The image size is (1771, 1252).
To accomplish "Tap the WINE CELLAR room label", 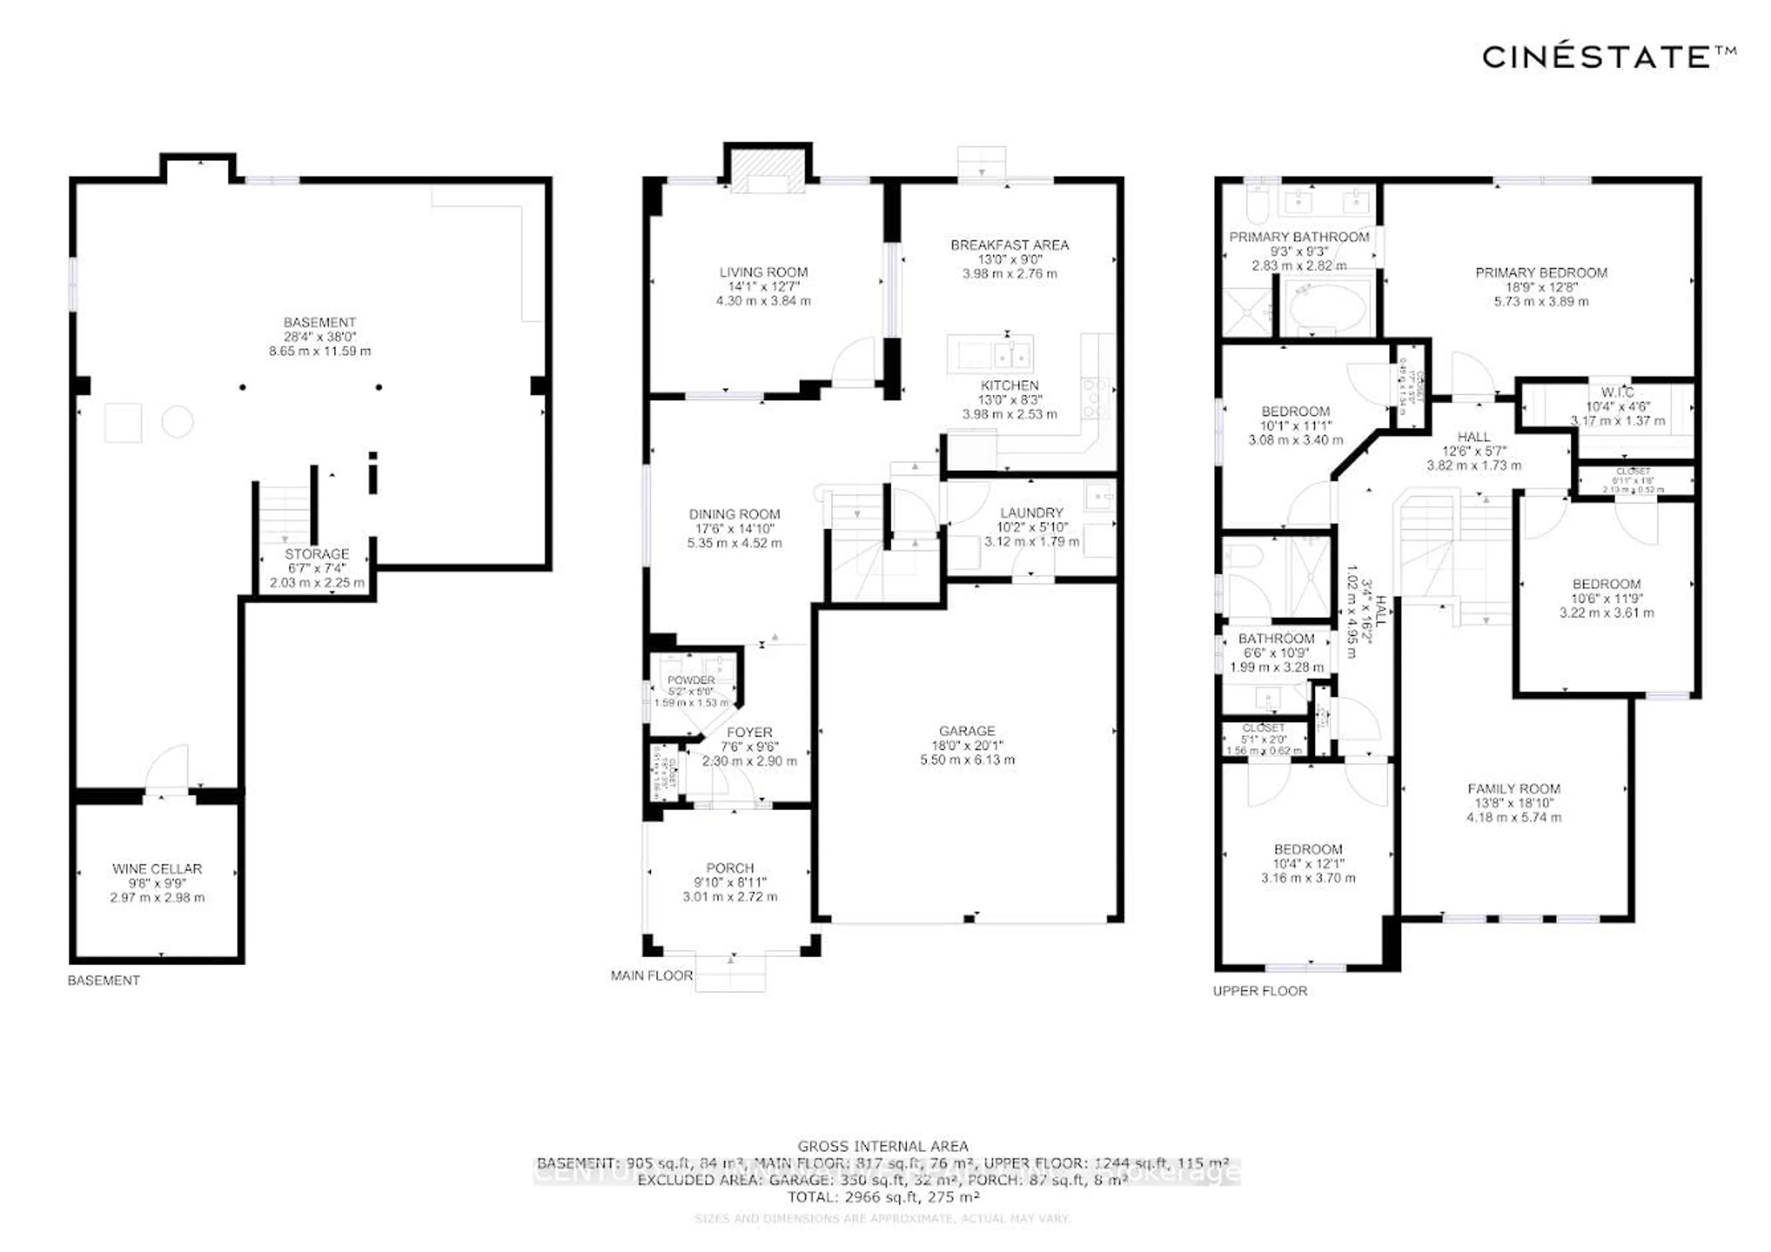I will click(157, 869).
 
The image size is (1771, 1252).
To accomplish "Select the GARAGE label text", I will click(967, 731).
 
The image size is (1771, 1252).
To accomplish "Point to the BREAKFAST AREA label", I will click(1009, 245).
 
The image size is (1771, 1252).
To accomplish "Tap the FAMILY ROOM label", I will click(1513, 789).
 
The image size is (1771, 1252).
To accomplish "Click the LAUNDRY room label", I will click(1031, 513).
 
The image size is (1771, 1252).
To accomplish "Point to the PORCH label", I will click(730, 868).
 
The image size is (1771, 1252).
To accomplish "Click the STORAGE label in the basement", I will click(316, 554).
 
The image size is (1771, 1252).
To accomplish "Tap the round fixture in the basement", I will click(178, 422).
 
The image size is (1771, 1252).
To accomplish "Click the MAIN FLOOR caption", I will click(652, 976).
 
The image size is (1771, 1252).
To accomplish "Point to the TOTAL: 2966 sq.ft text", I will click(883, 1197).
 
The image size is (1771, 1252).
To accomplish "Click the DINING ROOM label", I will click(734, 514).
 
